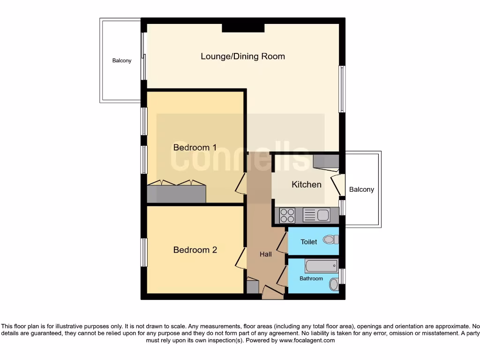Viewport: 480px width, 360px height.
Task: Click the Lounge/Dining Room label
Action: point(242,56)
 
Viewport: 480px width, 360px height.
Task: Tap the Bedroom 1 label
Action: point(195,148)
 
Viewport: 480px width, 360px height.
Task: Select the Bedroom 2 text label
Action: point(195,250)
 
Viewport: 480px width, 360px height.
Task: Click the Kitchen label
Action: point(307,185)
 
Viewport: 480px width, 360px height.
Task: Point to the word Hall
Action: point(265,255)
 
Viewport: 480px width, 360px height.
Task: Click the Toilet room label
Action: point(308,242)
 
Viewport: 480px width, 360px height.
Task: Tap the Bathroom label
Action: point(311,278)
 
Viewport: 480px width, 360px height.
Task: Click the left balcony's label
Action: point(121,61)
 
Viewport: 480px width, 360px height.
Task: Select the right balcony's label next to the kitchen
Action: point(361,190)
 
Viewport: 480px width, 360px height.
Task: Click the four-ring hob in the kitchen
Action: point(287,216)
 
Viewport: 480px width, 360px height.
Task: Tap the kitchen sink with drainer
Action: point(317,216)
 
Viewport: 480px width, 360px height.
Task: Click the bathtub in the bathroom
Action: point(321,266)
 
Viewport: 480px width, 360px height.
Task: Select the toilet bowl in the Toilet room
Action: point(331,240)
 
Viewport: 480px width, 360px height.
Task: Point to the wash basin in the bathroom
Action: point(334,284)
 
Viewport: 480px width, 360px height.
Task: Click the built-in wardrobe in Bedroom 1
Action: point(176,193)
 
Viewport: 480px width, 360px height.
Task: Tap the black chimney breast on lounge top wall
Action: point(243,27)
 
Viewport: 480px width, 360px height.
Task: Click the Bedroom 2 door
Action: point(241,259)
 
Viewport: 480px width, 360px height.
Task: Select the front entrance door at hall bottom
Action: point(272,293)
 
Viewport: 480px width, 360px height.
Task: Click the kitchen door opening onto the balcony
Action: point(337,185)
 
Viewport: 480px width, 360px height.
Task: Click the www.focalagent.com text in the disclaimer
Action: point(307,340)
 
